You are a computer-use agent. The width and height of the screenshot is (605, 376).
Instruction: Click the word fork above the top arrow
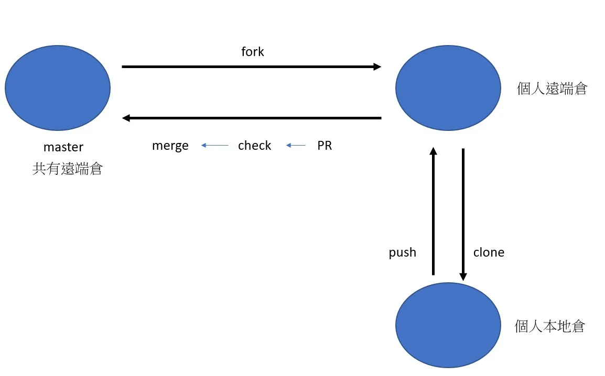pos(252,52)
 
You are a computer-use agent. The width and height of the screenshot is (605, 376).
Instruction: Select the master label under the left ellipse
pos(63,148)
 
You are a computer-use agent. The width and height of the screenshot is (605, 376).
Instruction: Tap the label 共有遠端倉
pos(67,169)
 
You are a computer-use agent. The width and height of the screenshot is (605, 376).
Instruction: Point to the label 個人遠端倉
pos(552,89)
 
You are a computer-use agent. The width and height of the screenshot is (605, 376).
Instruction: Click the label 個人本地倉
pos(549,327)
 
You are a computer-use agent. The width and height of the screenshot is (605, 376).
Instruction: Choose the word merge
pos(170,146)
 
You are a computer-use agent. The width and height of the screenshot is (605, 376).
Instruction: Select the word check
pos(254,146)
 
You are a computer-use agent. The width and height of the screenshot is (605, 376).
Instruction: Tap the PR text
pos(325,146)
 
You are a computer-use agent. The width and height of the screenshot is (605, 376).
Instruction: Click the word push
pos(402,252)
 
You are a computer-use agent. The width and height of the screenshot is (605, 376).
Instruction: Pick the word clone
pos(489,252)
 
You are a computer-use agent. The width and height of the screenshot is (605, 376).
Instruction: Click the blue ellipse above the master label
pos(58,88)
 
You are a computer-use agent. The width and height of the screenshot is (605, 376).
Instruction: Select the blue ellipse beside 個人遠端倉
pos(448,88)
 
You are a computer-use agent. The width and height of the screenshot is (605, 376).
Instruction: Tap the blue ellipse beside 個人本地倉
pos(448,325)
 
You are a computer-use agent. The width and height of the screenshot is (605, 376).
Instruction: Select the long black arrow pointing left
pos(252,118)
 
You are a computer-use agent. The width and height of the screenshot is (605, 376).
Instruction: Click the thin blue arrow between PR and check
pos(296,146)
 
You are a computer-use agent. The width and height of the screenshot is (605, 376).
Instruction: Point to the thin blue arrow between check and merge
pos(214,146)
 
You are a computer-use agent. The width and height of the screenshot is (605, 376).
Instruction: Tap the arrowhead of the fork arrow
pos(377,67)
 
